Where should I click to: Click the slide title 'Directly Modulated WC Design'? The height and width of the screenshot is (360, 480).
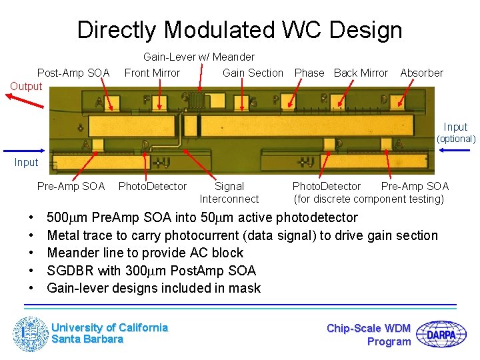(239, 30)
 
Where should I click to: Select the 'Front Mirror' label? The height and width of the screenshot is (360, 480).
(152, 73)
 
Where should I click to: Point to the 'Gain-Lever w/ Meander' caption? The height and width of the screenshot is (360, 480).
(199, 57)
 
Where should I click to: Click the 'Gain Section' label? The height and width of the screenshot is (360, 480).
(253, 73)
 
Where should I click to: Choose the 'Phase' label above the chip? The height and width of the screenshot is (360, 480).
(309, 73)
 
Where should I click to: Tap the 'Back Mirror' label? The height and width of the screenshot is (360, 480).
(361, 73)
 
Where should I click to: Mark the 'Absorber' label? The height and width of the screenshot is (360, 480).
(421, 73)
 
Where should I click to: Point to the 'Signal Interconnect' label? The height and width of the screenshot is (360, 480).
(229, 193)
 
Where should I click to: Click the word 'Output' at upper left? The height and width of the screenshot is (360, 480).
(26, 86)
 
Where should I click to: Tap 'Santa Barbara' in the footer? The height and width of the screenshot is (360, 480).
(87, 339)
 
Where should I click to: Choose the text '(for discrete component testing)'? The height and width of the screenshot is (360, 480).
(369, 199)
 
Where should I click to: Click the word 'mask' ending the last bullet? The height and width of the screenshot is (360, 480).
(245, 288)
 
